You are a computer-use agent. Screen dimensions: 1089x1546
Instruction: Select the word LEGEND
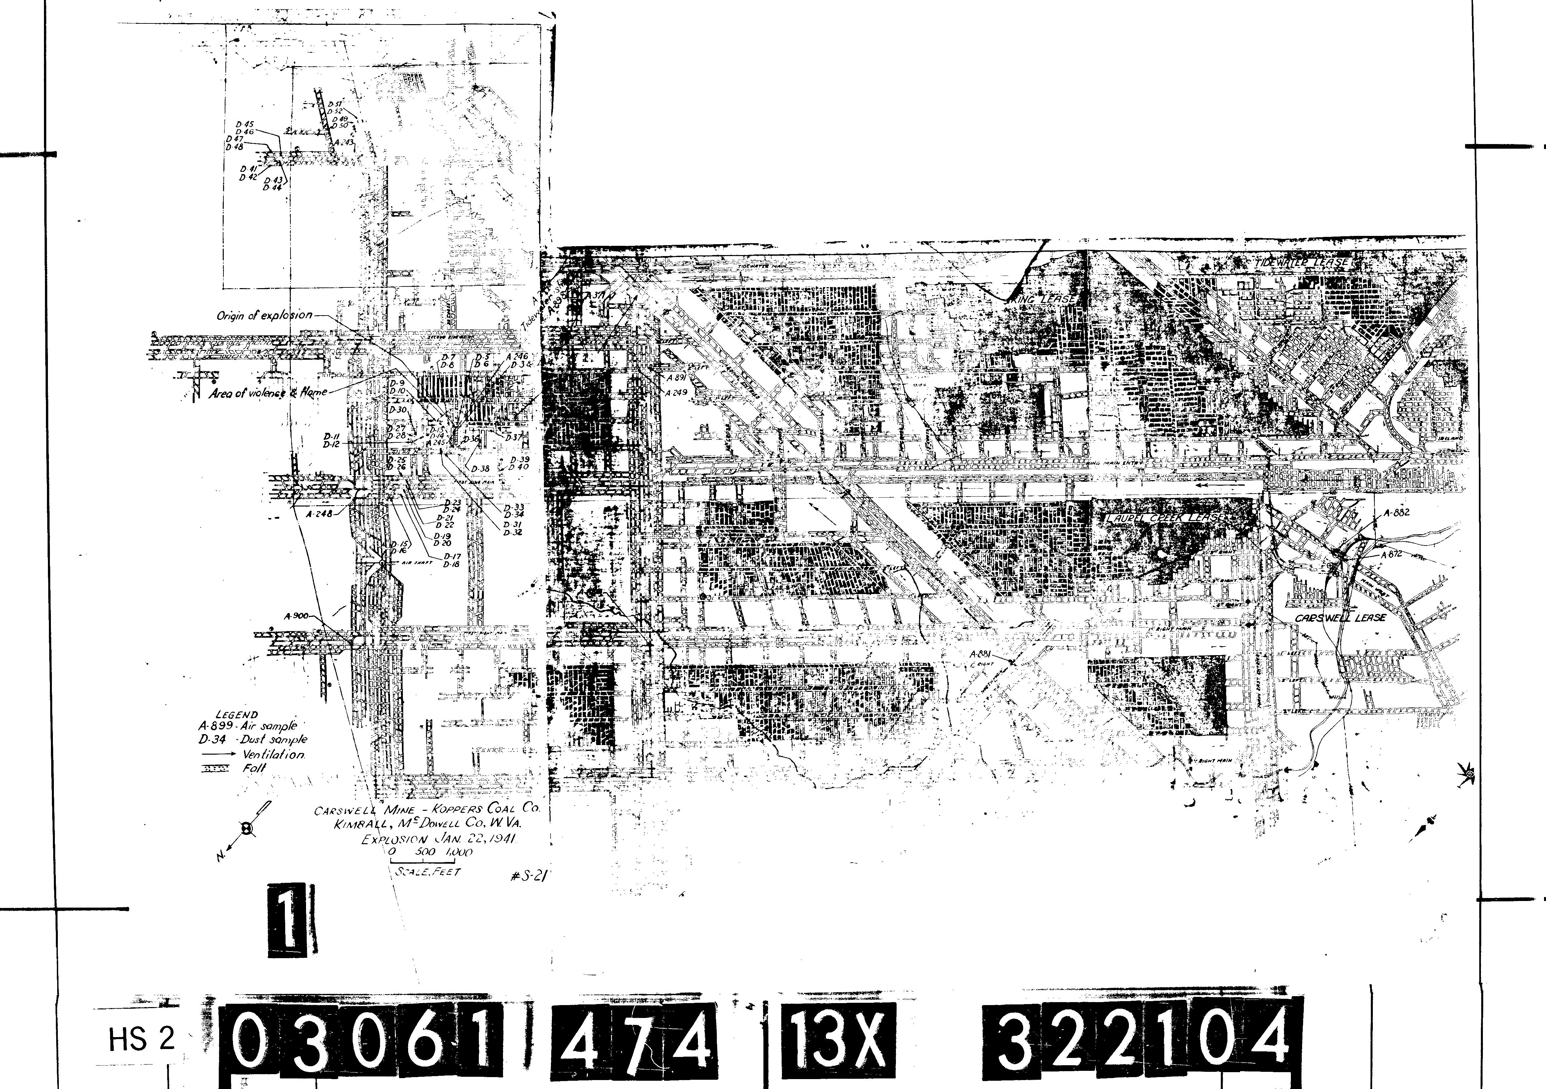pyautogui.click(x=236, y=715)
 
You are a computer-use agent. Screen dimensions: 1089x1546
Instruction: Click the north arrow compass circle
pyautogui.click(x=248, y=829)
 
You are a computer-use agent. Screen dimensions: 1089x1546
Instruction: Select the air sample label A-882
pyautogui.click(x=1396, y=512)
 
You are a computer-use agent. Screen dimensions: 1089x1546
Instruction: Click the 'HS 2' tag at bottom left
pyautogui.click(x=141, y=1040)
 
